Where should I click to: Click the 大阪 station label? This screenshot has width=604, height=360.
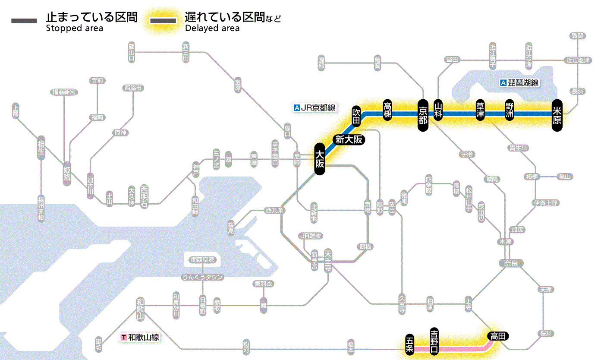click(319, 159)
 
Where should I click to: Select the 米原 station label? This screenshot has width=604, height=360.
click(557, 115)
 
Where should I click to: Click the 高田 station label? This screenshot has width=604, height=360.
click(498, 336)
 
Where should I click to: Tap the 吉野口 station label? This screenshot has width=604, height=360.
click(434, 341)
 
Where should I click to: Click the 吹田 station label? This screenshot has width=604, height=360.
click(356, 116)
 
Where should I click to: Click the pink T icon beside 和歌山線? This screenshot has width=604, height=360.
click(124, 337)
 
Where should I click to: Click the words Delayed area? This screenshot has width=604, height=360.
click(212, 28)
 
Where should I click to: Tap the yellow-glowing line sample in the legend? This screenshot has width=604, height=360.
click(163, 21)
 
